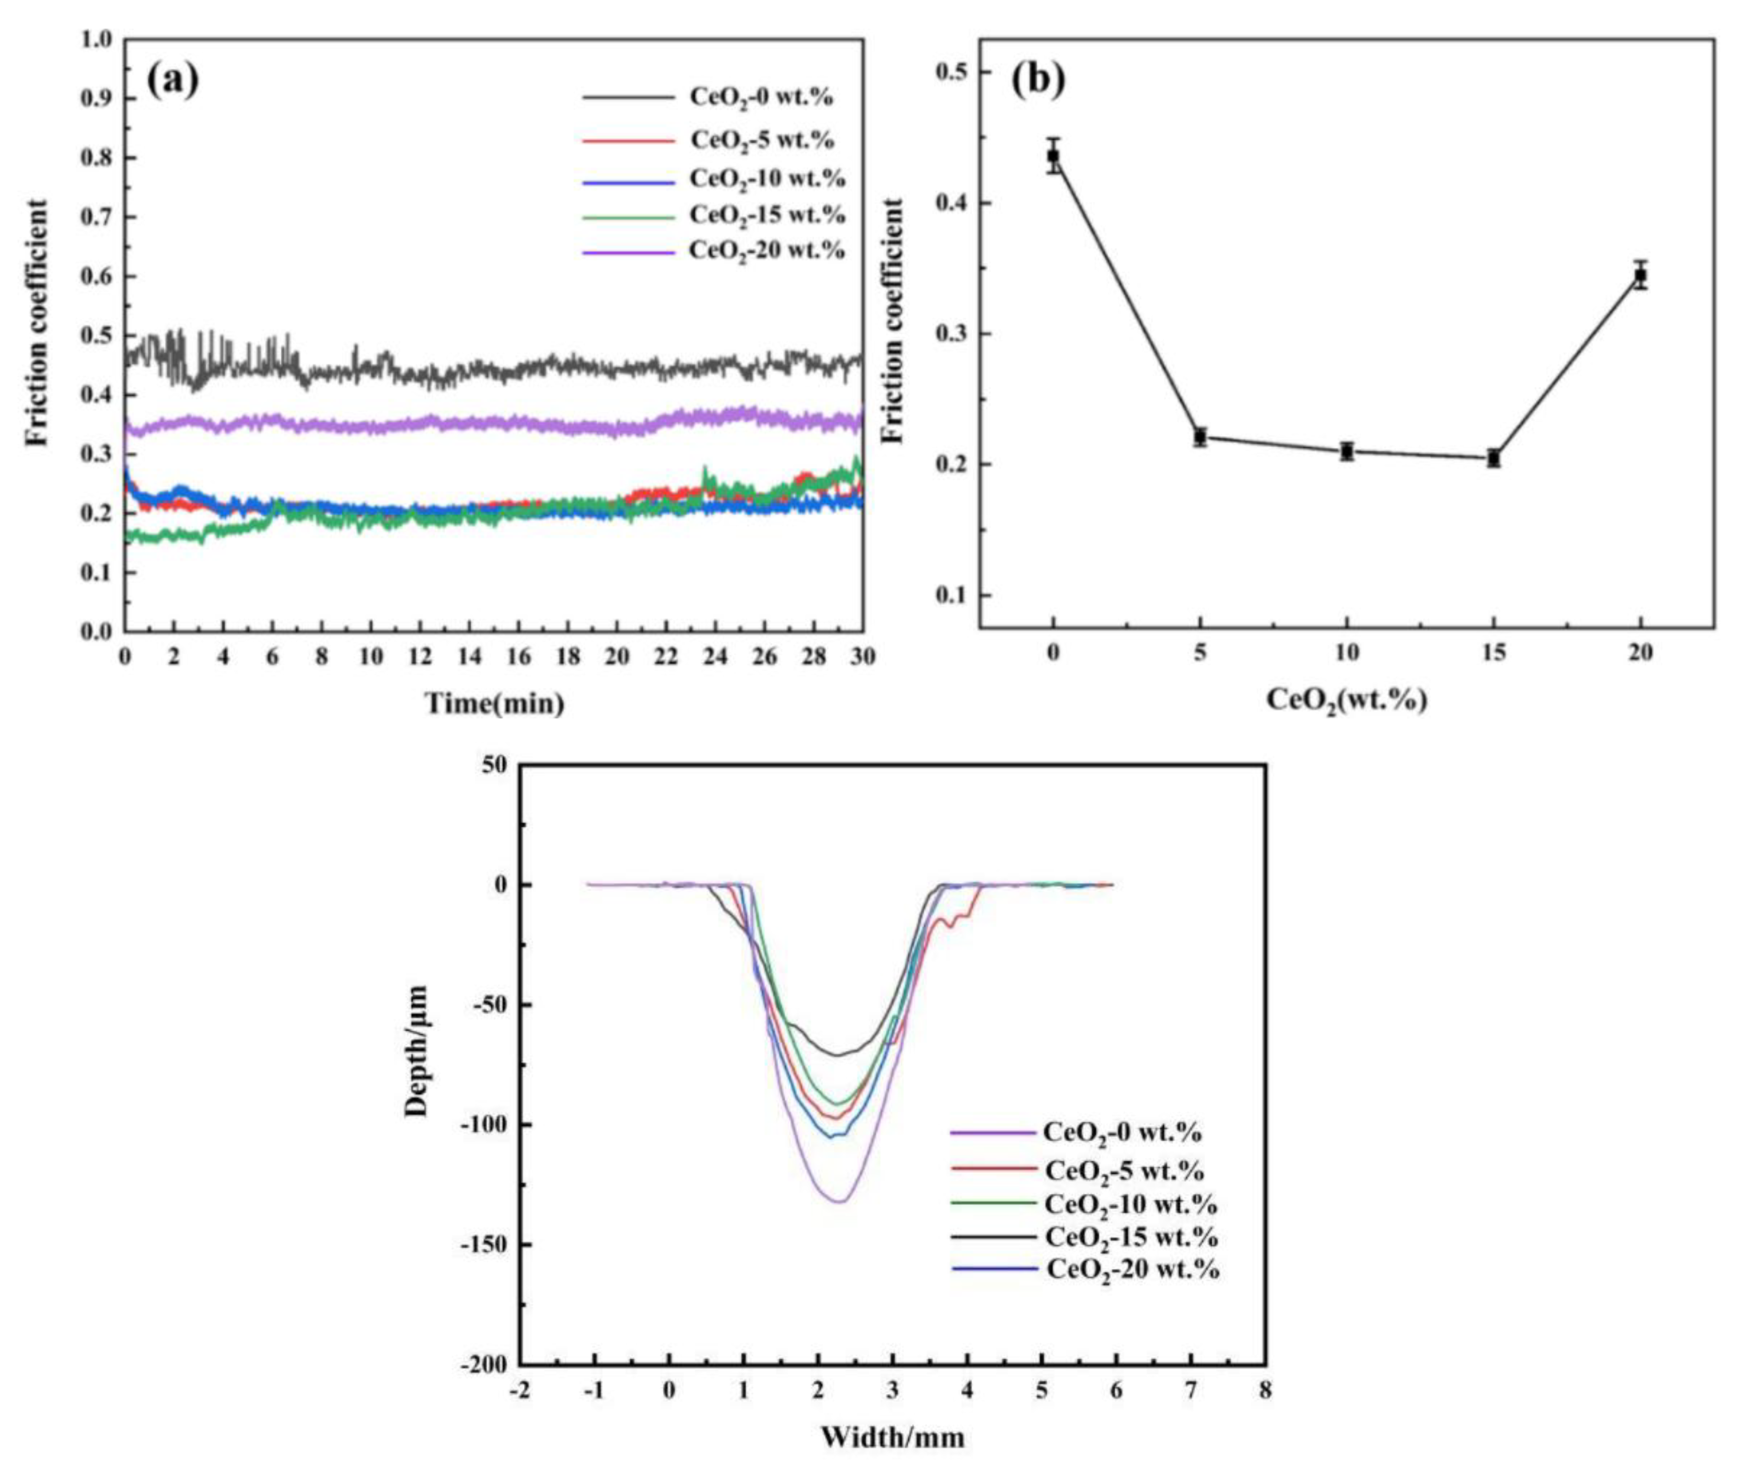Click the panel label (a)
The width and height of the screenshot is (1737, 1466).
pos(174,81)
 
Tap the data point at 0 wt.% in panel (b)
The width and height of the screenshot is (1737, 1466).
pos(1054,155)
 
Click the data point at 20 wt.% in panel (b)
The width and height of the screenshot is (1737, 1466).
pos(1640,274)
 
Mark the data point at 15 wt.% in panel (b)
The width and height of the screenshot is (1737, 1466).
pos(1493,458)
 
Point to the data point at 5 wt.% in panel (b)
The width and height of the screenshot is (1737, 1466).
pos(1200,436)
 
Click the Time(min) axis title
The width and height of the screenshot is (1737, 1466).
pos(495,704)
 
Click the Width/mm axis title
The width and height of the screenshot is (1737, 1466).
pos(893,1436)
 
